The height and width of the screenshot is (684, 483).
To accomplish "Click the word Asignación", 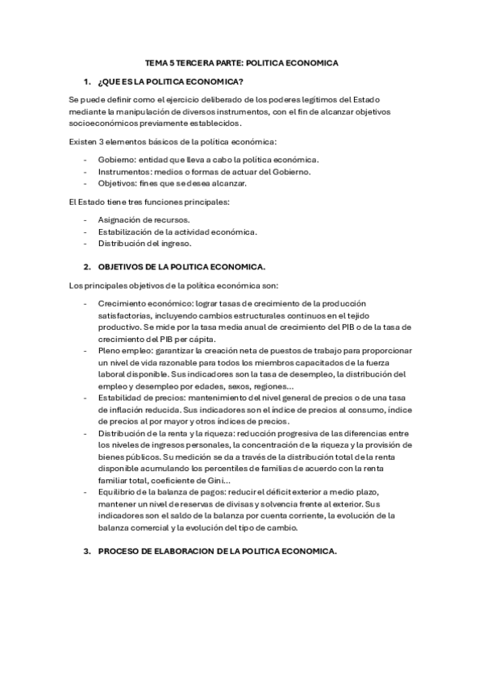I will click(x=121, y=219).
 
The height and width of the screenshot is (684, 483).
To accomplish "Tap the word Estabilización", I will click(x=127, y=231).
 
